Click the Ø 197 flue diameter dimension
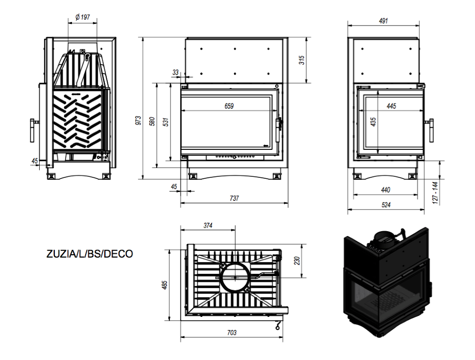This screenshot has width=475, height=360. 83,17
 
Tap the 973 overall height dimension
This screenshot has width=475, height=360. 139,120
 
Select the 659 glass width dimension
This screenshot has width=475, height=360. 229,106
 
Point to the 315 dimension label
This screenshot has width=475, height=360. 302,60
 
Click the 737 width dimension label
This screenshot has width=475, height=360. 234,198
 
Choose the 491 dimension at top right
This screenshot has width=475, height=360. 383,21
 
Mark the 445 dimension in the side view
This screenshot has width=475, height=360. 391,106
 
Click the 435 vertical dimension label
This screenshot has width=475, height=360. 373,122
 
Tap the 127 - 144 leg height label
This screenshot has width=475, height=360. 435,192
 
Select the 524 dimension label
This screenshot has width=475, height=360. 386,205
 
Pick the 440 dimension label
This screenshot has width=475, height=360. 385,190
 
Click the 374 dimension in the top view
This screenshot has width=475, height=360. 208,225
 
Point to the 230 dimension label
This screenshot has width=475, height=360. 297,261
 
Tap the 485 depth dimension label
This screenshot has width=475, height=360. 165,285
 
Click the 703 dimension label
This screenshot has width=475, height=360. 232,333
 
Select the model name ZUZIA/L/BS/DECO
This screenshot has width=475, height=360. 90,254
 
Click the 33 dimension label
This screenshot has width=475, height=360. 175,72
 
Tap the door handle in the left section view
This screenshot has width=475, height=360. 32,130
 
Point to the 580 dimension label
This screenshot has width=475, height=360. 152,121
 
